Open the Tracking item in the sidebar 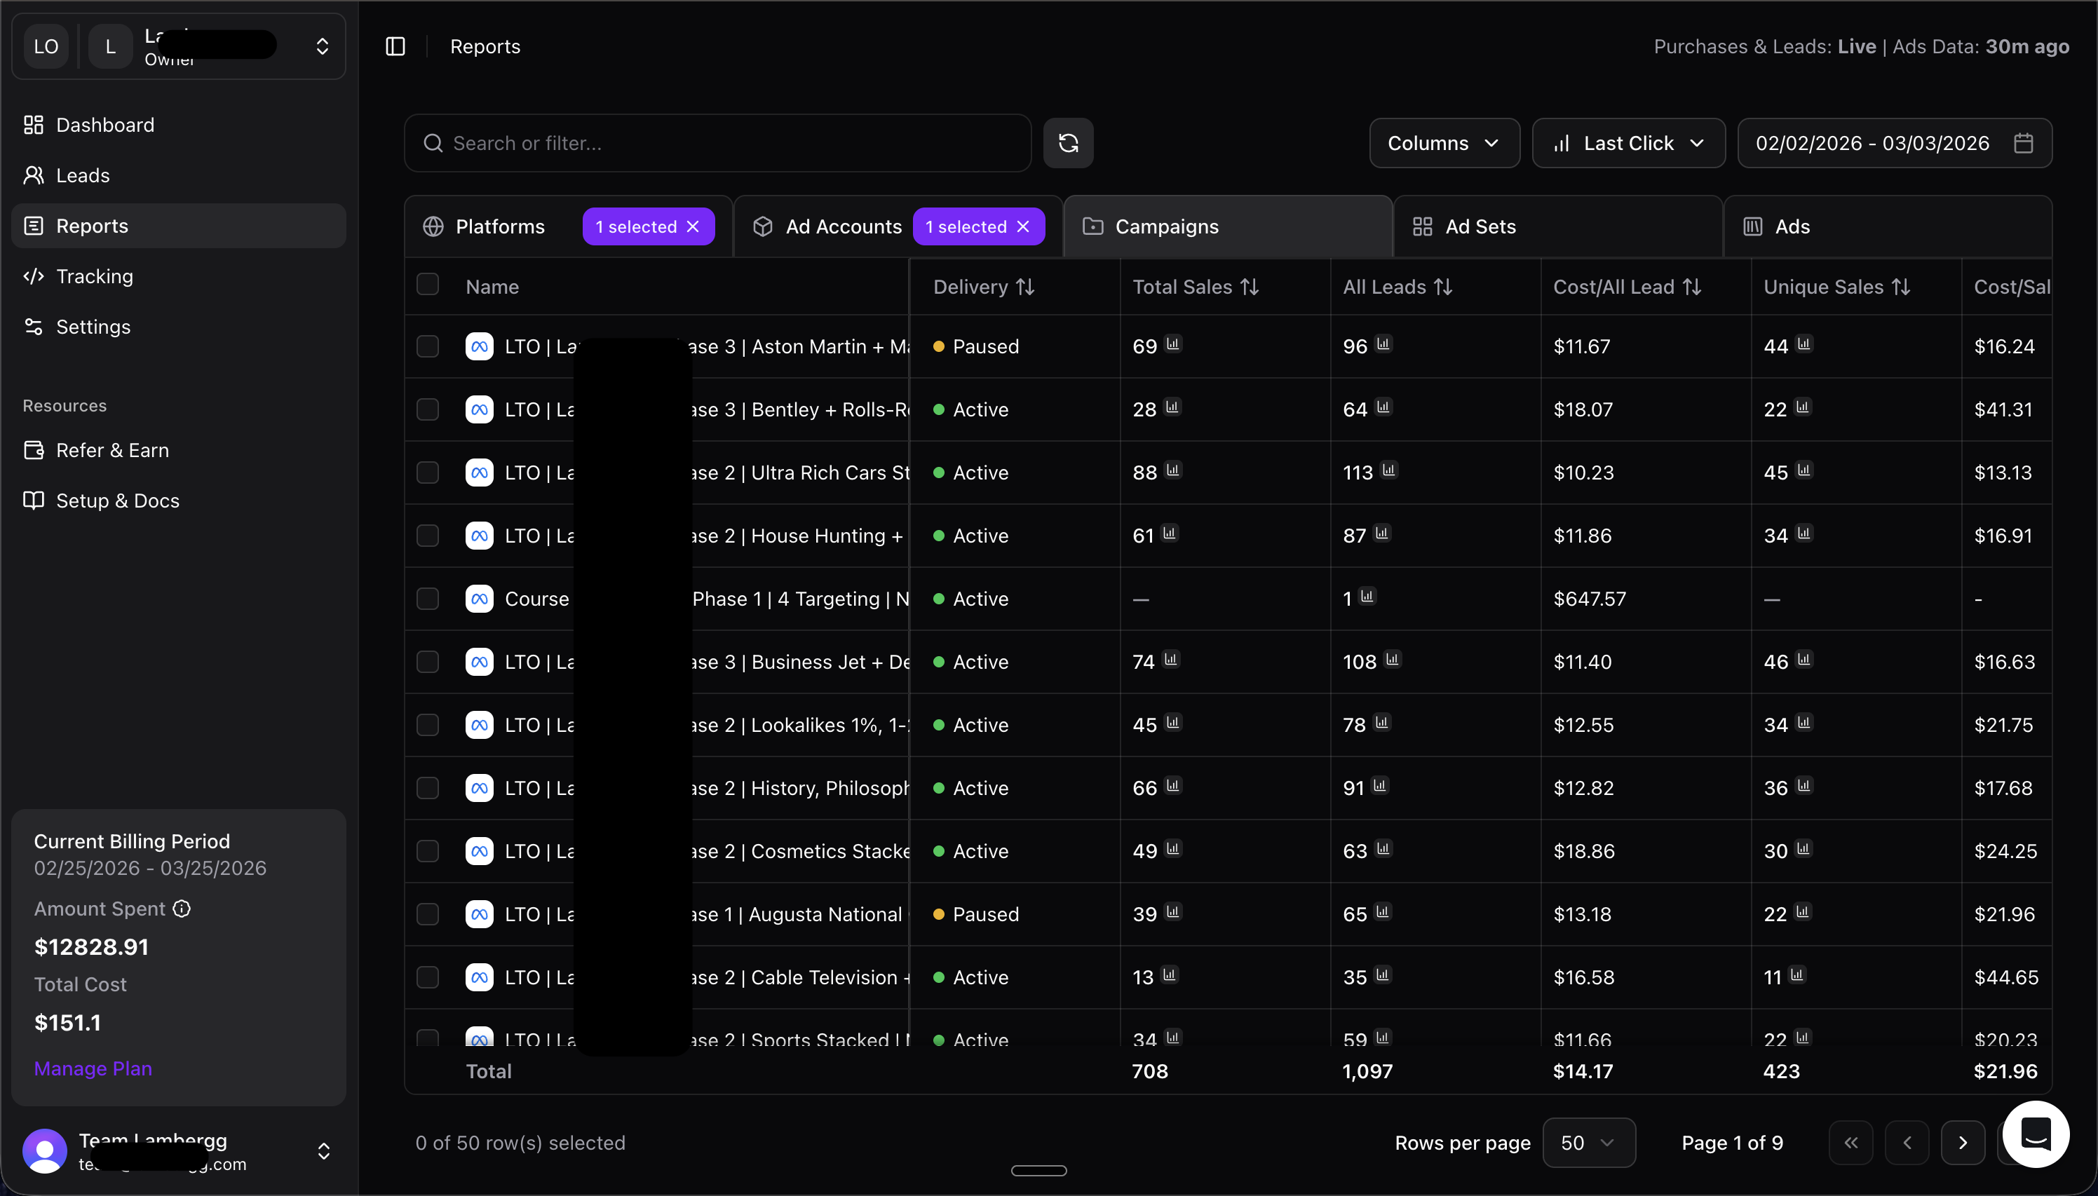[x=94, y=276]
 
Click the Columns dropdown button [x=1443, y=143]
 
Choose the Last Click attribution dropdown [x=1627, y=143]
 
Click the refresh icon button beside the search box [x=1068, y=143]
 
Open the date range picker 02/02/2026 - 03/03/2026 [x=1893, y=143]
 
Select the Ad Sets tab [x=1480, y=226]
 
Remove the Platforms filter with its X [x=693, y=226]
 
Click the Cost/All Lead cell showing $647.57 [x=1589, y=599]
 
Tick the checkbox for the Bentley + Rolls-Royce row [x=427, y=409]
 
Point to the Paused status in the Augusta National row [x=985, y=914]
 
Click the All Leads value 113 [x=1357, y=473]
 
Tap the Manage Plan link [x=93, y=1068]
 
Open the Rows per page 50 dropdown [x=1588, y=1143]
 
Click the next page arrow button [x=1963, y=1143]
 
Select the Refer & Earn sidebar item [x=111, y=450]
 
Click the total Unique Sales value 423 [x=1781, y=1071]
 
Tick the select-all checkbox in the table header [x=427, y=284]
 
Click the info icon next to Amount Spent [x=182, y=909]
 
